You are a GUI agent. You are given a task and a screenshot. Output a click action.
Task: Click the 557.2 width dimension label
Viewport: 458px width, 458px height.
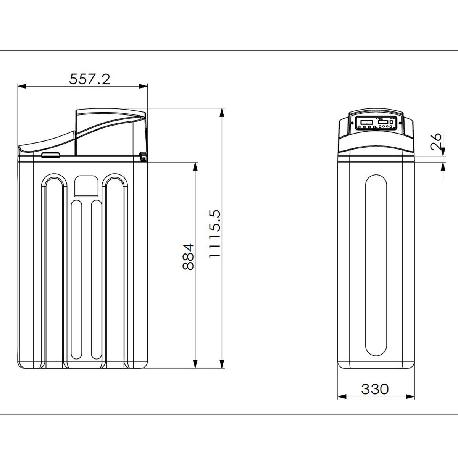point(89,79)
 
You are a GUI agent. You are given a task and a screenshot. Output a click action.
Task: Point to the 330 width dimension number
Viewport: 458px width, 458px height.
point(375,389)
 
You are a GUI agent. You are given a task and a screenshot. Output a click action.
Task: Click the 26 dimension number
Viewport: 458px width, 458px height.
point(436,142)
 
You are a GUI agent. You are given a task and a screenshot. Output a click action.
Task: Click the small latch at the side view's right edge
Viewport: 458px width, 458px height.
point(143,156)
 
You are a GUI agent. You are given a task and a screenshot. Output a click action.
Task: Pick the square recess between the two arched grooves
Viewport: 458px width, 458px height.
point(87,186)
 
